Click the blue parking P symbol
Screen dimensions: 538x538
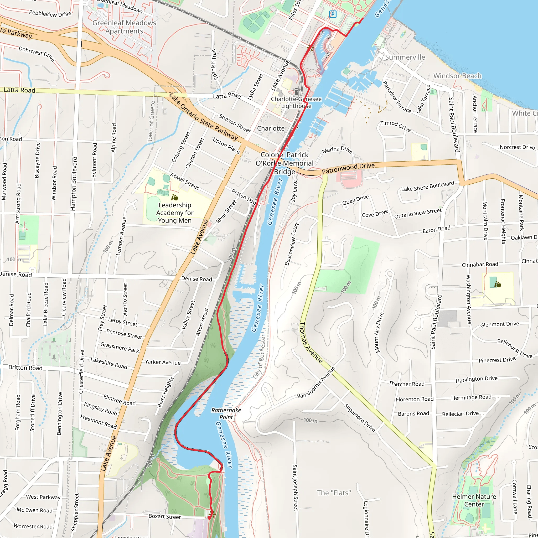tap(333, 14)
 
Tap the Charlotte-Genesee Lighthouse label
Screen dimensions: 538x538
tap(296, 102)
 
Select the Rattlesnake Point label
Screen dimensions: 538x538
tap(226, 413)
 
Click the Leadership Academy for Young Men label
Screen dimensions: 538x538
tap(175, 213)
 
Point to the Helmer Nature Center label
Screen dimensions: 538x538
tap(474, 500)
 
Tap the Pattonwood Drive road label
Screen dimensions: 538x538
tap(348, 168)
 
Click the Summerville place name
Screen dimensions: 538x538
tap(405, 57)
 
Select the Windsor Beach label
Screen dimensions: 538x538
tap(457, 76)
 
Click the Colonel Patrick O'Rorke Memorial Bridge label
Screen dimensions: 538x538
tap(284, 163)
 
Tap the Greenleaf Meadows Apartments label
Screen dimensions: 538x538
tap(124, 27)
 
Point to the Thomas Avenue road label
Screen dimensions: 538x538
tap(311, 343)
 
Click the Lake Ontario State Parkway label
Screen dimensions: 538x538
tap(203, 117)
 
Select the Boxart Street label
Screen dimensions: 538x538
tap(164, 516)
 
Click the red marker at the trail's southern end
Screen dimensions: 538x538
tap(209, 518)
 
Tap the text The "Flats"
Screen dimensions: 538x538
tap(334, 493)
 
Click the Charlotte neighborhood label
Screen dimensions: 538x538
tap(271, 128)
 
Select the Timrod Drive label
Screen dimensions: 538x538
tap(395, 126)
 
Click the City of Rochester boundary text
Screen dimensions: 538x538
tap(259, 357)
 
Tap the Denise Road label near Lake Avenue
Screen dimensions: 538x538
tap(196, 279)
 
